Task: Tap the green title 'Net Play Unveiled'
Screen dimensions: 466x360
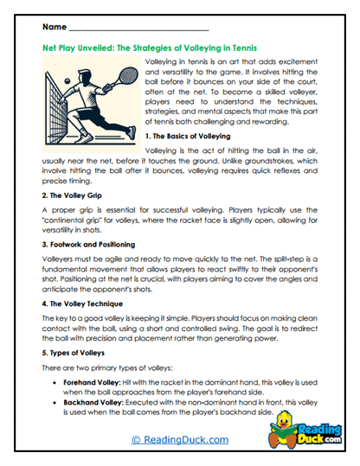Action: [87, 49]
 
